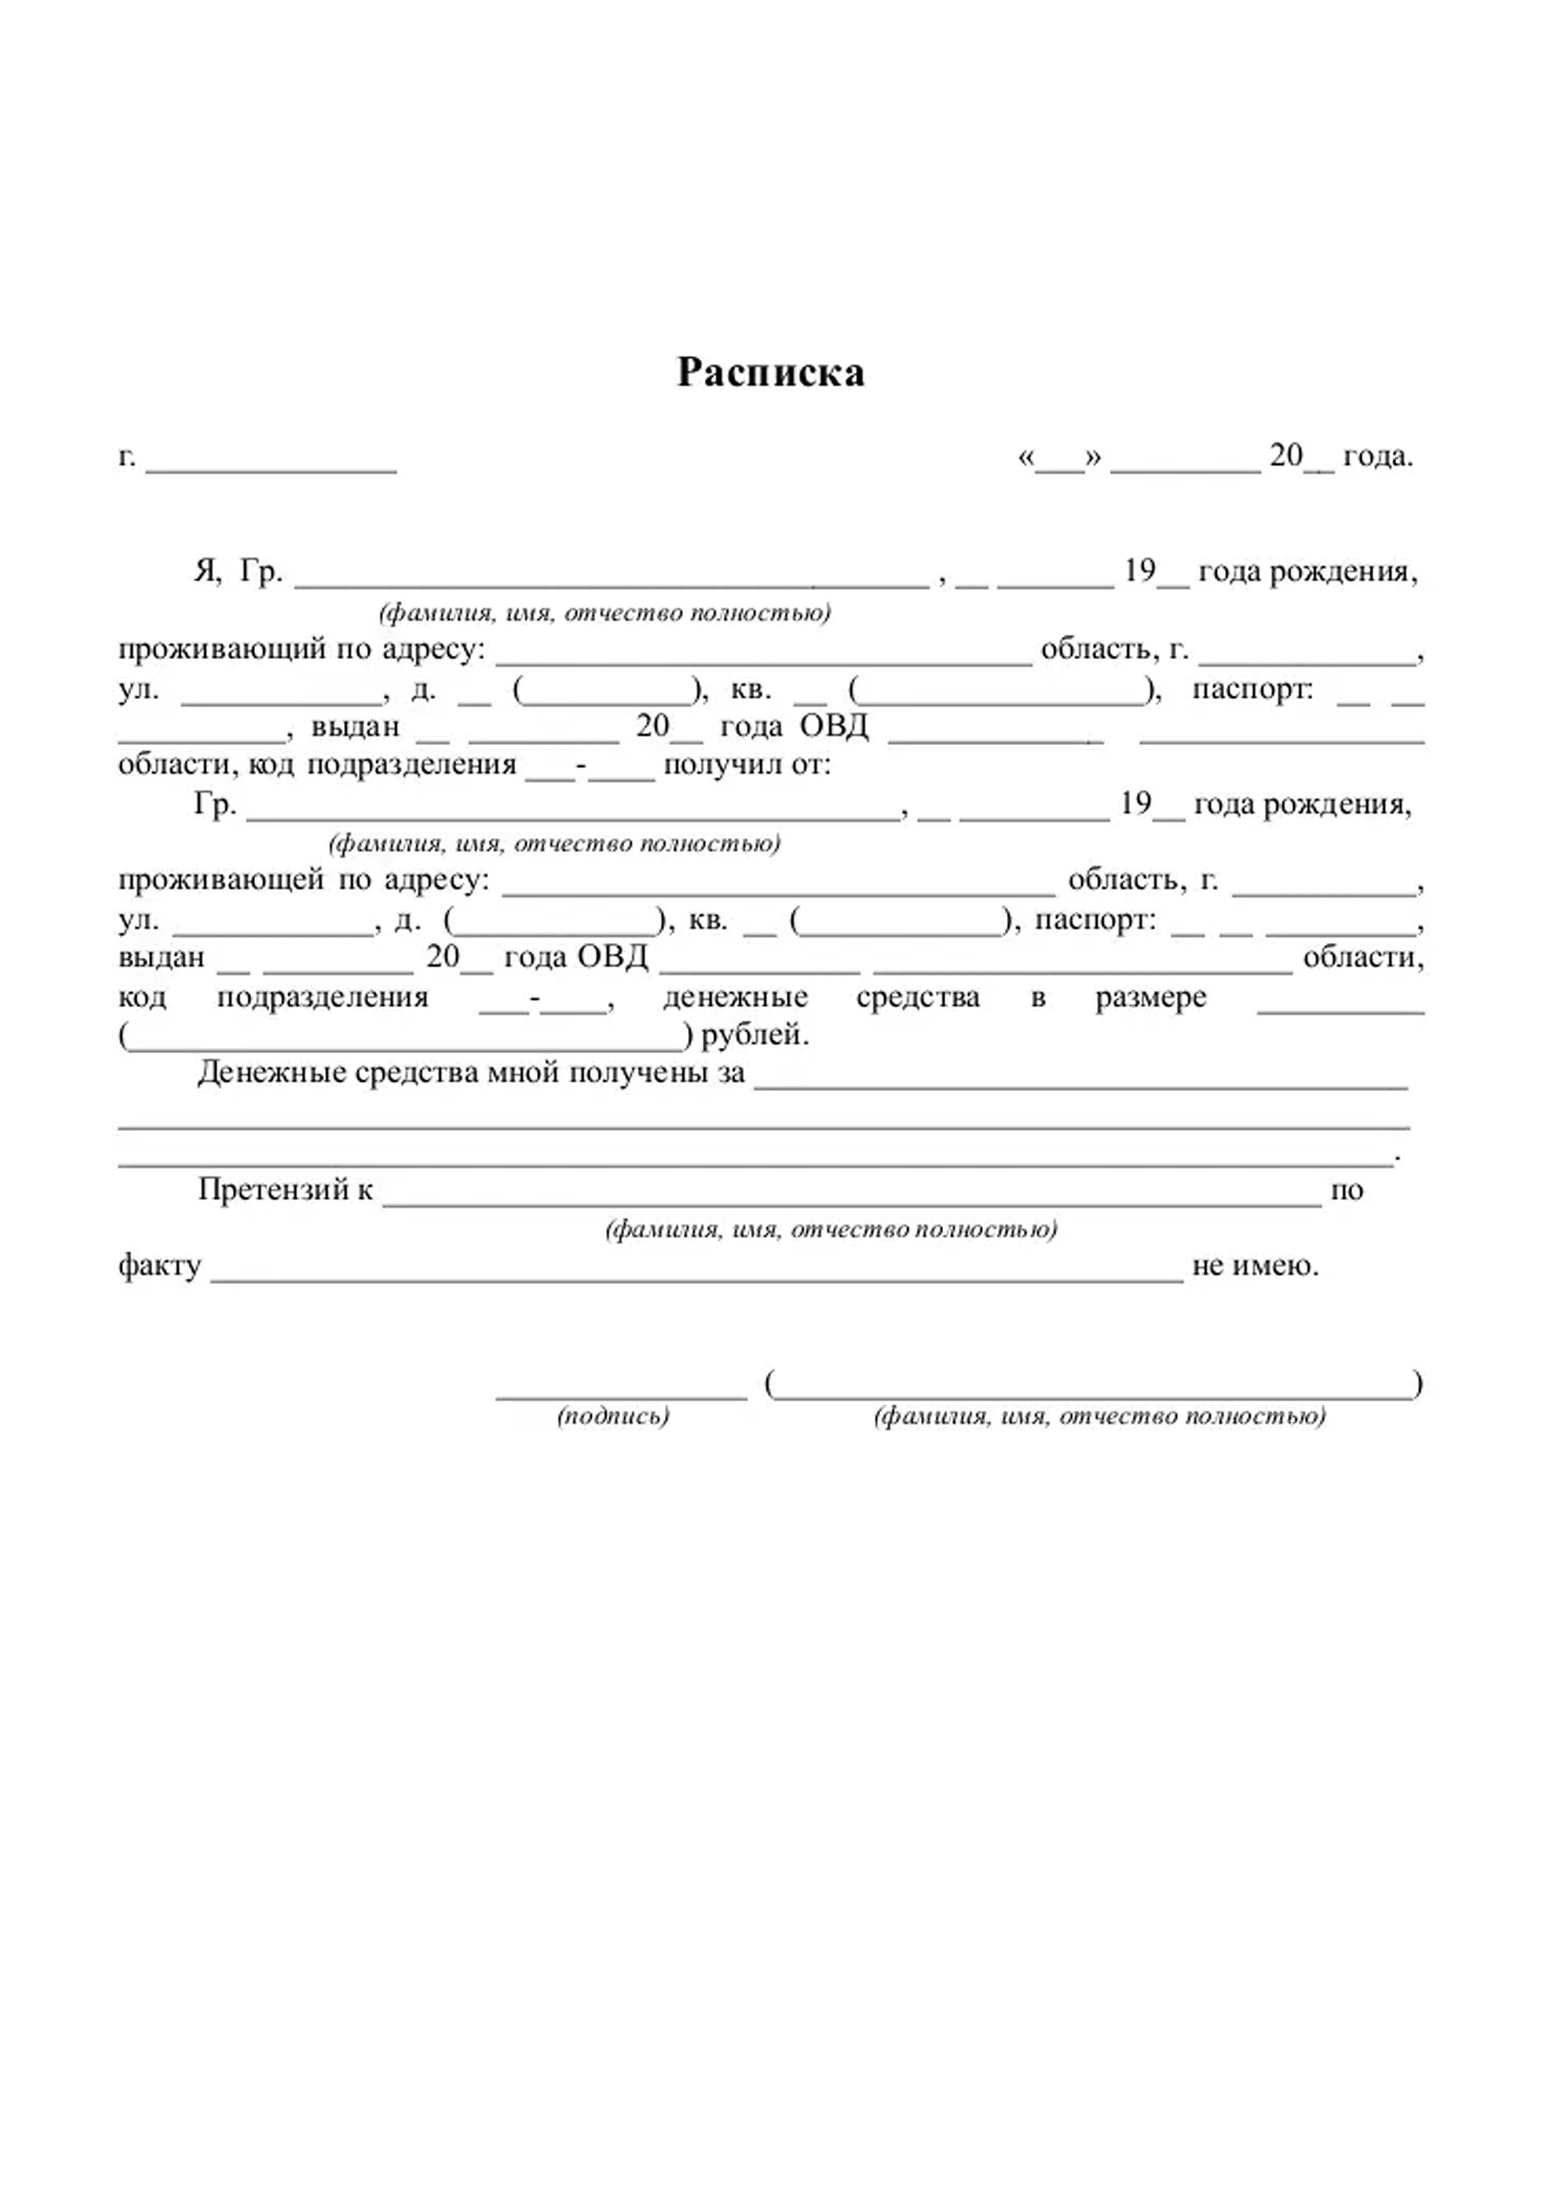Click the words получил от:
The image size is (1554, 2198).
747,765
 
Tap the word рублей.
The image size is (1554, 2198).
756,1035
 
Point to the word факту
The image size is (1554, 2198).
159,1266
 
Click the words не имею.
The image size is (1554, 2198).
1254,1266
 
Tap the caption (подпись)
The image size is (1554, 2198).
613,1416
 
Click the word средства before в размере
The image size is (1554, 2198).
917,997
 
